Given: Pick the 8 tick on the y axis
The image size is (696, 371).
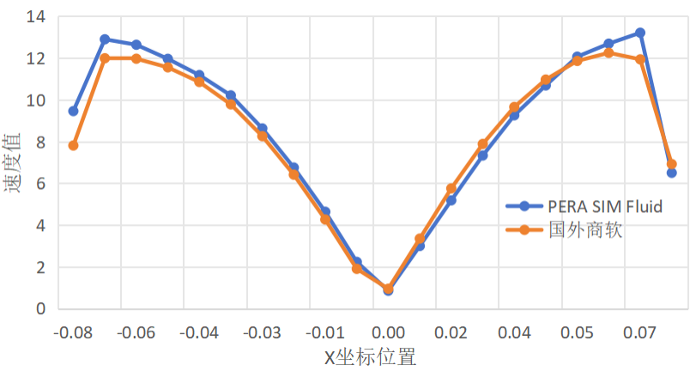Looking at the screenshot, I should [40, 142].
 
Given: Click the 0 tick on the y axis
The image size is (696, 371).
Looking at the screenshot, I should [40, 309].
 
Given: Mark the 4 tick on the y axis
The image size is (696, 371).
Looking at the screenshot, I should [40, 226].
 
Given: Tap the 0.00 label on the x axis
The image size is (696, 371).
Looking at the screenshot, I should [388, 331].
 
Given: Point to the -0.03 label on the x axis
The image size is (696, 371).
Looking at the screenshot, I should [262, 331].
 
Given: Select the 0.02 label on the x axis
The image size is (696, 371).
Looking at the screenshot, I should [451, 331].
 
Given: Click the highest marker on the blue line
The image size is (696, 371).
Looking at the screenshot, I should [639, 33].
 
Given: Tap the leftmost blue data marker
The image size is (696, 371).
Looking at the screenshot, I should [73, 111].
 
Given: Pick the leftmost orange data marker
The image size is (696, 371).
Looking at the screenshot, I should [73, 145].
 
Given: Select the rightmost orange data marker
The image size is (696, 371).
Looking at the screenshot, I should [671, 164].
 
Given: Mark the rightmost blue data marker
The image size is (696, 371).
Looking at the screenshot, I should [671, 173].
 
